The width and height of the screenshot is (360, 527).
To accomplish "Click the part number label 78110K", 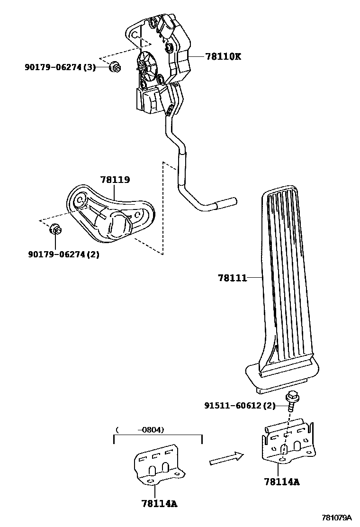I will (x=223, y=56).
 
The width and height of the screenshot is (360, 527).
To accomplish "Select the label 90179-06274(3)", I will (x=60, y=67).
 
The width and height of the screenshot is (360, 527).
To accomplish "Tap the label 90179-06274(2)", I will (x=63, y=254).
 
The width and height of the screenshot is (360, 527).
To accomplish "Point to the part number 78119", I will (x=115, y=180).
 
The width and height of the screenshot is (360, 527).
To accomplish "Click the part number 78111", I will (x=233, y=278).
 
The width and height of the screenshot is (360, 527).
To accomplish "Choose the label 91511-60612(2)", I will (x=239, y=406).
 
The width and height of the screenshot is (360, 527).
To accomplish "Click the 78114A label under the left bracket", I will (x=159, y=503).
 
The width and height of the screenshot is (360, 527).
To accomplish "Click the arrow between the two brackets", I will (x=226, y=458).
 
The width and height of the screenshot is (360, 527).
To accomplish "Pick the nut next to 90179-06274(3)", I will (x=115, y=67).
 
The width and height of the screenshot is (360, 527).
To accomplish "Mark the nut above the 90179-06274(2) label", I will (x=55, y=230).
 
